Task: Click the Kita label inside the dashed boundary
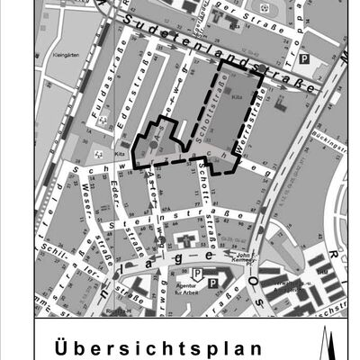[x=238, y=93]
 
